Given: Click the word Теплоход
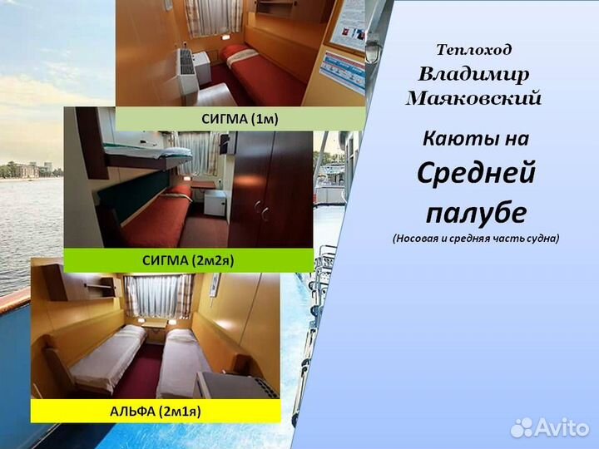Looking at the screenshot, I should click(474, 50).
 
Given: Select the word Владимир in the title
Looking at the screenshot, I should click(473, 73).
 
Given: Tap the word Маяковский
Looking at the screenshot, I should click(473, 98).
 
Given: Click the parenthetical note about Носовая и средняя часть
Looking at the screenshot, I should click(476, 238).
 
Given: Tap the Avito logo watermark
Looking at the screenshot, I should click(548, 427).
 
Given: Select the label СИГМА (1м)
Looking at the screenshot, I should click(240, 119).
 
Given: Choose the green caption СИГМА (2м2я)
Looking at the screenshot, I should click(189, 260).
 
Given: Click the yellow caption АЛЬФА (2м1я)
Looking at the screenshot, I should click(156, 411).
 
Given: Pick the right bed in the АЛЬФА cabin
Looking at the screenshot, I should click(185, 358).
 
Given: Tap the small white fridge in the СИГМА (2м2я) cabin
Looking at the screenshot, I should click(215, 203).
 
